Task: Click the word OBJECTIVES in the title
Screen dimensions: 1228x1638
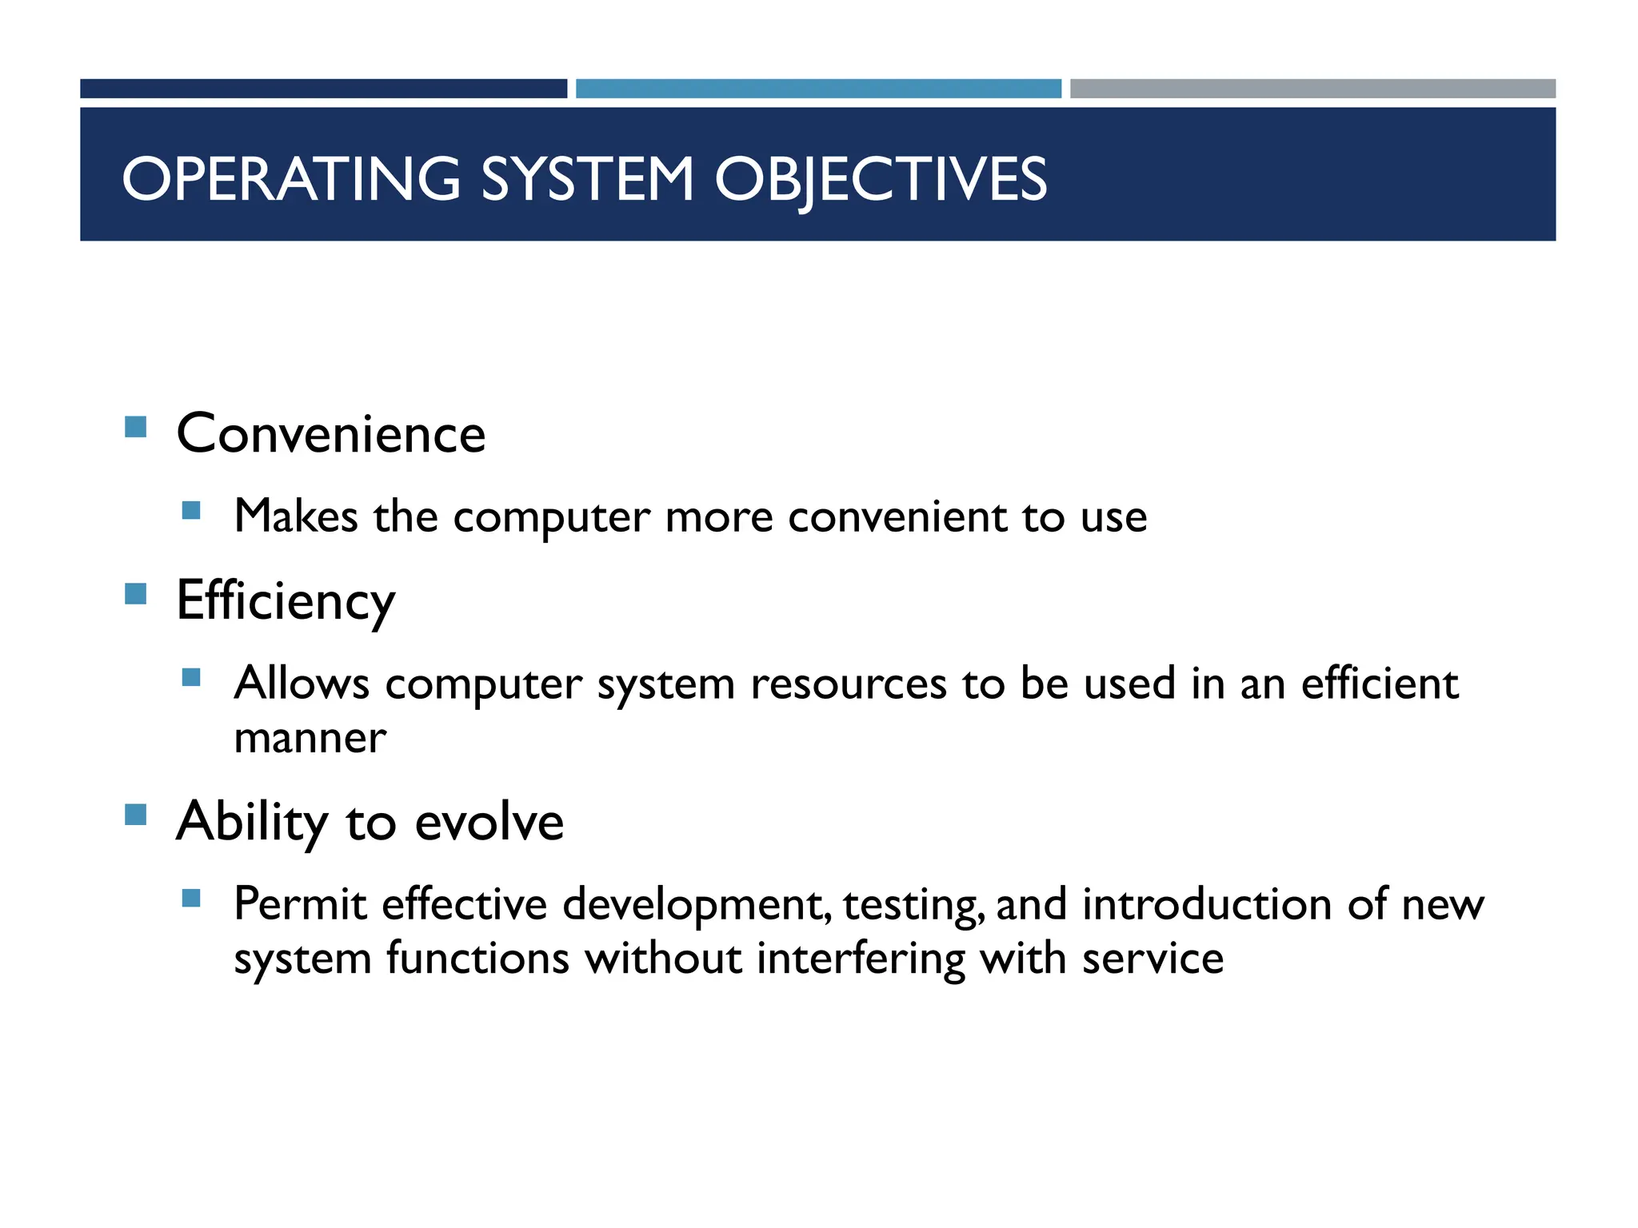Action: click(880, 179)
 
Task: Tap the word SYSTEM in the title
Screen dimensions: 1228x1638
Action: click(587, 179)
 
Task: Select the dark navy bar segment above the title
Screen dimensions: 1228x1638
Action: click(323, 89)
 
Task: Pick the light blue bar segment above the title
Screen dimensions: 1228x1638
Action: click(818, 89)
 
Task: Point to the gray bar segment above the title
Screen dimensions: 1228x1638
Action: click(1312, 89)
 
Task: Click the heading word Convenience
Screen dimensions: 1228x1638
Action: click(331, 434)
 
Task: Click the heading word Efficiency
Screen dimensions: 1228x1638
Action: click(286, 601)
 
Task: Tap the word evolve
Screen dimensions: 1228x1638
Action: click(489, 823)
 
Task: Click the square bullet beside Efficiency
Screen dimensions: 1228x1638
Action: click(136, 594)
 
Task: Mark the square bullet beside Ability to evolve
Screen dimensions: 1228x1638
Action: click(136, 815)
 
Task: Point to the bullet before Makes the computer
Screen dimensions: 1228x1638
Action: click(191, 510)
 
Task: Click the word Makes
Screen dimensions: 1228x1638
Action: click(296, 516)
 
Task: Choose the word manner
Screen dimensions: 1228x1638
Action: click(310, 738)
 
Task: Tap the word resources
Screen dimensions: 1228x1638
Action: click(848, 684)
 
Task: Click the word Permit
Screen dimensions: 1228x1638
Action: click(300, 905)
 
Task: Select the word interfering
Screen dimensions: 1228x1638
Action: click(861, 959)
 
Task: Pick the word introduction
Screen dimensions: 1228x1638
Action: click(1207, 905)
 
